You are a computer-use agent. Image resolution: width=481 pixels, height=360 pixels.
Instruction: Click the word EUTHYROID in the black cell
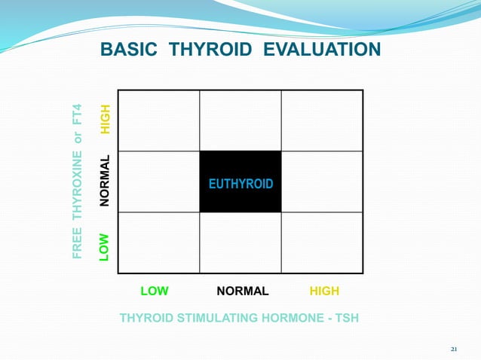[x=240, y=185]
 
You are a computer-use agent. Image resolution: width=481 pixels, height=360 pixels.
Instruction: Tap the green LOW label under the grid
[x=155, y=291]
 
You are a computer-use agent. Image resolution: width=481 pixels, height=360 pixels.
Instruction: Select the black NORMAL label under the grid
[x=242, y=291]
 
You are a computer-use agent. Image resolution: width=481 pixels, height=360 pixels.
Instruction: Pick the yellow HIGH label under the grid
[x=324, y=291]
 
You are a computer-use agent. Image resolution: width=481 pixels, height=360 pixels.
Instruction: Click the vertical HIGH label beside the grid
[x=106, y=120]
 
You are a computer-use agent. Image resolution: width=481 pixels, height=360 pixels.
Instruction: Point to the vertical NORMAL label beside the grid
[x=106, y=181]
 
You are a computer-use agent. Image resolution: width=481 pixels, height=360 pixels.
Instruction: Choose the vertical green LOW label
[x=106, y=246]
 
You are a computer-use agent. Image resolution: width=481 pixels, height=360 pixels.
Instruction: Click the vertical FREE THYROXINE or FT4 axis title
[x=78, y=182]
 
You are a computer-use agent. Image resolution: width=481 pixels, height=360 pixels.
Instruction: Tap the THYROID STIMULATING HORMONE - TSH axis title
[x=239, y=318]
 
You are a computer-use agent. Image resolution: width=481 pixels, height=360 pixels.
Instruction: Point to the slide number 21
[x=454, y=349]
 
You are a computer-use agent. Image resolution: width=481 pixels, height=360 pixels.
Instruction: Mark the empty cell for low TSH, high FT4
[x=159, y=121]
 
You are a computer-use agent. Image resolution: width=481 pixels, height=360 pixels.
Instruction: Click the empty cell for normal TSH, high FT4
[x=240, y=121]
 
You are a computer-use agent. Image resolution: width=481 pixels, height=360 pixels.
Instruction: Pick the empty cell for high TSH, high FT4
[x=322, y=121]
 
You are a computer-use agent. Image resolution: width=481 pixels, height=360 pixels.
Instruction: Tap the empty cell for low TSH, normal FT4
[x=159, y=182]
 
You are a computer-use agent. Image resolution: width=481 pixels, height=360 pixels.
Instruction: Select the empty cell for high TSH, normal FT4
[x=322, y=182]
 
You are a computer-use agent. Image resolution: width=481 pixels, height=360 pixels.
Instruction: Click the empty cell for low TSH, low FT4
[x=159, y=243]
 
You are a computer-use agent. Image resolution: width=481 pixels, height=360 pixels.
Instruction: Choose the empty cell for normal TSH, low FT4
[x=240, y=243]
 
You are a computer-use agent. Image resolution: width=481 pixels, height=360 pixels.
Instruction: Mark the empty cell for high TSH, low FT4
[x=322, y=243]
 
